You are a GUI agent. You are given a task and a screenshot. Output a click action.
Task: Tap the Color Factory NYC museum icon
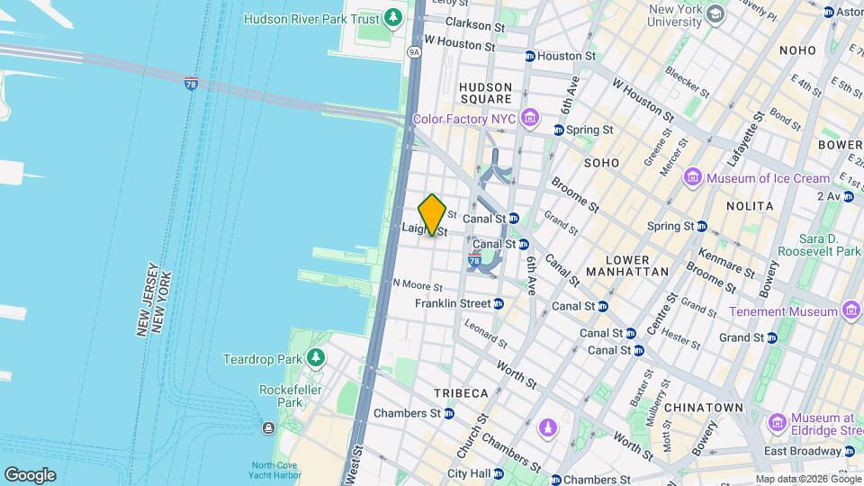point(530,119)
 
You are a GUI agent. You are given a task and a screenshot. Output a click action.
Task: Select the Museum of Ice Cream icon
point(692,177)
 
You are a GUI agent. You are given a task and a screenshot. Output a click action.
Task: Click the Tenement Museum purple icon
point(851,311)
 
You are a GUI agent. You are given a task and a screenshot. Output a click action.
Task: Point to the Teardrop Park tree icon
point(315,359)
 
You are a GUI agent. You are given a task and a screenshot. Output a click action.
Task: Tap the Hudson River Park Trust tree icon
point(392,18)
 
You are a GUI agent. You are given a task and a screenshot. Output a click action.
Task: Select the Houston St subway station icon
point(530,56)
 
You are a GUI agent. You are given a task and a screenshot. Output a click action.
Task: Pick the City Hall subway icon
point(500,473)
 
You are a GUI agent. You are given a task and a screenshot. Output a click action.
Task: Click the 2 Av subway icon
point(849,196)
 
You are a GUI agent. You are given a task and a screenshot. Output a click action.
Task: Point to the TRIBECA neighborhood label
point(461,393)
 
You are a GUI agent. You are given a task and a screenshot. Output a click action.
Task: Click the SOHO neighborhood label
point(601,163)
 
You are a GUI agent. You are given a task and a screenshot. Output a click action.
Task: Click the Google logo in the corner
point(30,474)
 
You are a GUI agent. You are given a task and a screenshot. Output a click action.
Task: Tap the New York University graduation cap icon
point(715,13)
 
